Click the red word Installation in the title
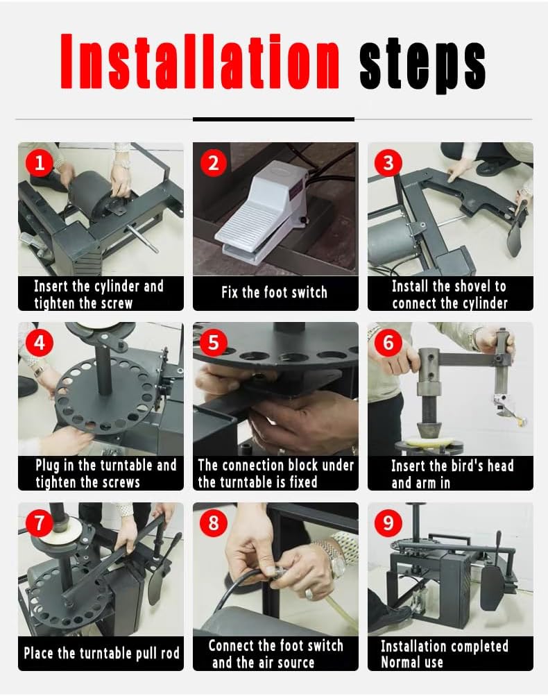[200, 61]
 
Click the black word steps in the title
[422, 65]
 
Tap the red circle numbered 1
[40, 163]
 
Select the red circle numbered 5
[214, 343]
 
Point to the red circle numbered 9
[388, 523]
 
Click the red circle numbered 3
[388, 163]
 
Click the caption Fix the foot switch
[274, 292]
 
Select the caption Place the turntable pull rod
[101, 653]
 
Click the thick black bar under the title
[273, 119]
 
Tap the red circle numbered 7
[40, 523]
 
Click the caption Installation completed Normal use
[444, 654]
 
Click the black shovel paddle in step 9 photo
[493, 588]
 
